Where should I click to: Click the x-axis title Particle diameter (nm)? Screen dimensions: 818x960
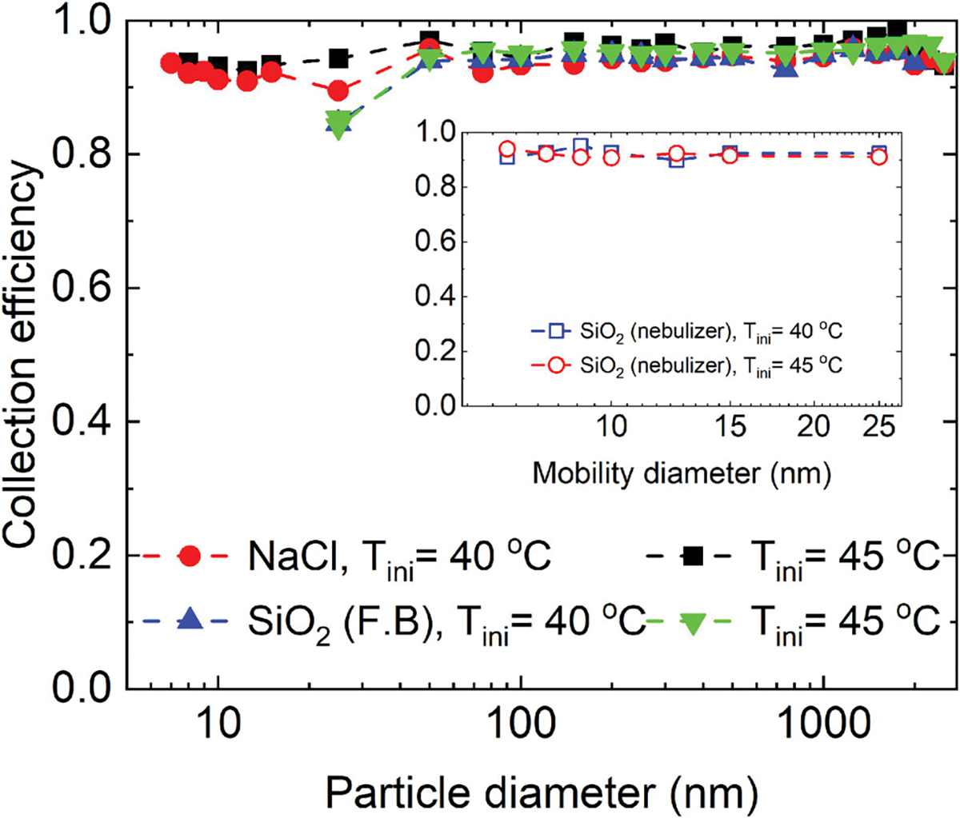[542, 793]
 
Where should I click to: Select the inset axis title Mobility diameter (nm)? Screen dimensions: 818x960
[682, 473]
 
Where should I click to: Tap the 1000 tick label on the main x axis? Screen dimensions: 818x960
[823, 724]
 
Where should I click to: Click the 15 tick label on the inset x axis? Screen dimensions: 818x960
[730, 426]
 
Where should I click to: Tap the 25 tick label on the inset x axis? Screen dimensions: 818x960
[879, 426]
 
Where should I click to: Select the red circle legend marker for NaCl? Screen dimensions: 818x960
[190, 556]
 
